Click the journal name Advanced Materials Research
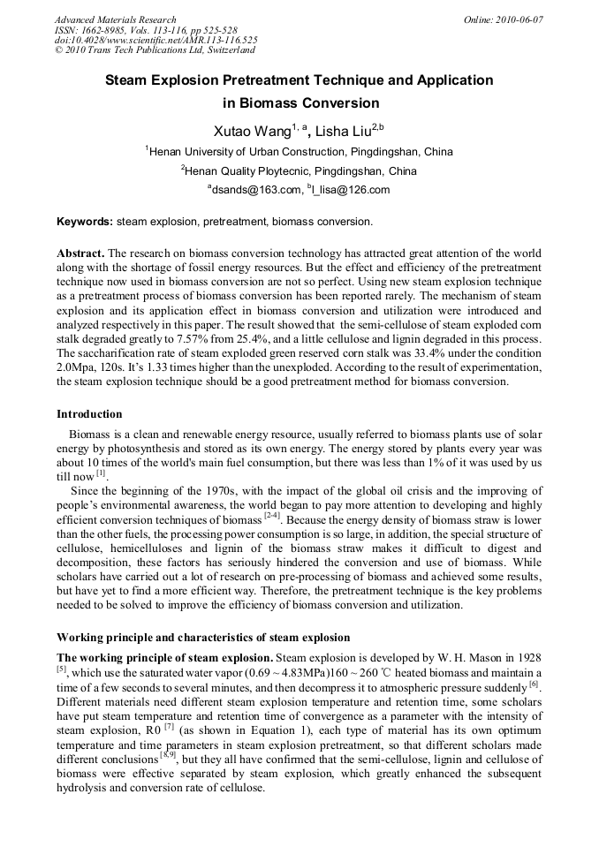[x=115, y=19]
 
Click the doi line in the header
[x=155, y=41]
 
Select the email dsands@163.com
[x=256, y=190]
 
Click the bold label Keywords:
[x=85, y=222]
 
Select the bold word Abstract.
[x=80, y=253]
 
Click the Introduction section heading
[x=89, y=414]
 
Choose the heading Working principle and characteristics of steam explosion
[x=203, y=638]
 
